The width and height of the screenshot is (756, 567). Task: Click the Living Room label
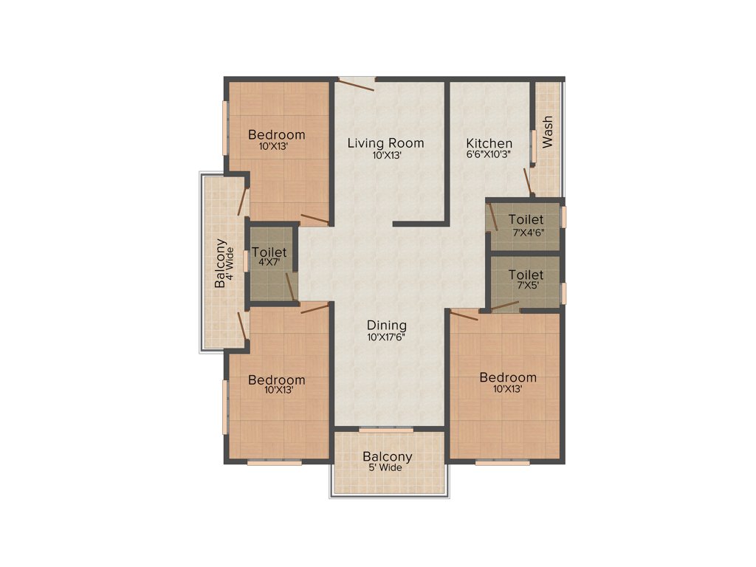(x=385, y=142)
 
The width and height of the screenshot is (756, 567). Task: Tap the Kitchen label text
(x=489, y=142)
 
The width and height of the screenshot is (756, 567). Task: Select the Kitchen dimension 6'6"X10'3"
(x=489, y=154)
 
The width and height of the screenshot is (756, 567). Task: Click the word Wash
(x=547, y=132)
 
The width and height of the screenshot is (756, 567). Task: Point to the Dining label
(x=387, y=325)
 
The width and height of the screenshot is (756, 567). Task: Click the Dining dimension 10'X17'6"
(x=387, y=337)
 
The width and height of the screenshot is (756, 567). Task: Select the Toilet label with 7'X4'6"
(x=526, y=219)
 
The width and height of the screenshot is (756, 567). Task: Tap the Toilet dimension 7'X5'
(x=526, y=285)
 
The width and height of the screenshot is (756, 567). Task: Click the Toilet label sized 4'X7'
(x=269, y=252)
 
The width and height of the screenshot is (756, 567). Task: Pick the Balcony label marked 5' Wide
(x=387, y=456)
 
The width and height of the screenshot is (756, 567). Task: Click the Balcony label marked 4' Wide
(x=220, y=264)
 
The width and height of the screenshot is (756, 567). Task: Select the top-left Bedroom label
(x=276, y=134)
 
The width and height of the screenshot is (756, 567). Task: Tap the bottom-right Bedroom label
(x=508, y=377)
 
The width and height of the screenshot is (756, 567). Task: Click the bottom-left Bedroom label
(x=276, y=380)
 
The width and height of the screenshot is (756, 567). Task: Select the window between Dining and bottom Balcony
(x=385, y=430)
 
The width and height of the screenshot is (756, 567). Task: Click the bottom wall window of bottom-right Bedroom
(x=502, y=463)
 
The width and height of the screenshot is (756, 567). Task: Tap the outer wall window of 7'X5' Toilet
(x=563, y=293)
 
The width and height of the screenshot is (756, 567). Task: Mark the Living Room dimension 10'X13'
(x=385, y=155)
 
